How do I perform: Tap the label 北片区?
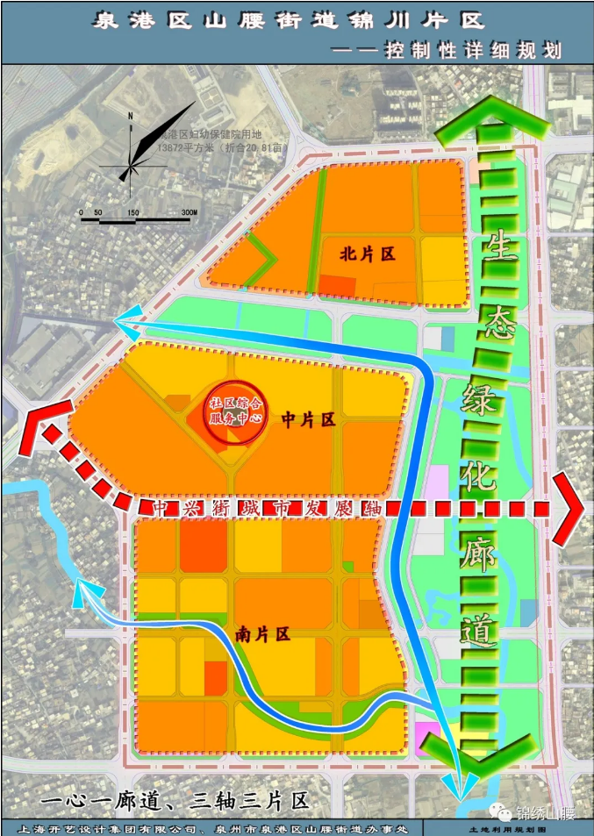point(368,254)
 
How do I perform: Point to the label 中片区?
point(308,420)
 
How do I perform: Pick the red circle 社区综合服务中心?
point(235,410)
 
